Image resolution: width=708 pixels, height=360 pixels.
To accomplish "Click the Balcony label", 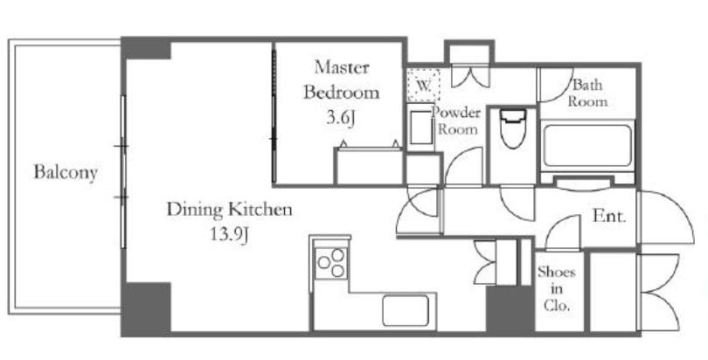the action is pos(66,173).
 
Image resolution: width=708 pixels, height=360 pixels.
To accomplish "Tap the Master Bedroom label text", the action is pos(342,80).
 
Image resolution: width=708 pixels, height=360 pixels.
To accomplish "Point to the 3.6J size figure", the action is pos(342,118).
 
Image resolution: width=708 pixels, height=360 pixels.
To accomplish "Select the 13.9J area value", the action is pos(230,234).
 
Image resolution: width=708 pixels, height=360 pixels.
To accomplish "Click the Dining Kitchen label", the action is pos(230,210).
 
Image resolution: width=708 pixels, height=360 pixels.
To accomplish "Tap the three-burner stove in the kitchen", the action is pos(331,262).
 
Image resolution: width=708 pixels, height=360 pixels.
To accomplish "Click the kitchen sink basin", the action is pos(405,310).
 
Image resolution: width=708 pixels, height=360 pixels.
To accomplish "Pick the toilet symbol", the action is pos(513,128).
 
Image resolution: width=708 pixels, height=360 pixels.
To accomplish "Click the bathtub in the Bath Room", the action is pos(587,146).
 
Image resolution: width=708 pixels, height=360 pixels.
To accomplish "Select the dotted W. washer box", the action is pos(423,85).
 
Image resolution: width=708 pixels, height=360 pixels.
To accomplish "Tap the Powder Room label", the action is pos(456,121).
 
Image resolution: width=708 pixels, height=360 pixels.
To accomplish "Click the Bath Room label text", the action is pos(587,93).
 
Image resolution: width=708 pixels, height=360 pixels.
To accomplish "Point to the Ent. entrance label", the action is pos(609,217).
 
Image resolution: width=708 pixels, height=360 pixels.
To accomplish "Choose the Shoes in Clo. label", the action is pos(556,288).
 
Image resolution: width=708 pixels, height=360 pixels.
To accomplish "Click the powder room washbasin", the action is pos(421,128).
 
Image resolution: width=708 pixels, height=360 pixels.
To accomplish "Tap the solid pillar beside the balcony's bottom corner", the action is pos(146,308).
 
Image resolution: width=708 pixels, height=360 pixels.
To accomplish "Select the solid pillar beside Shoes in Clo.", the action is pos(510,310).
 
